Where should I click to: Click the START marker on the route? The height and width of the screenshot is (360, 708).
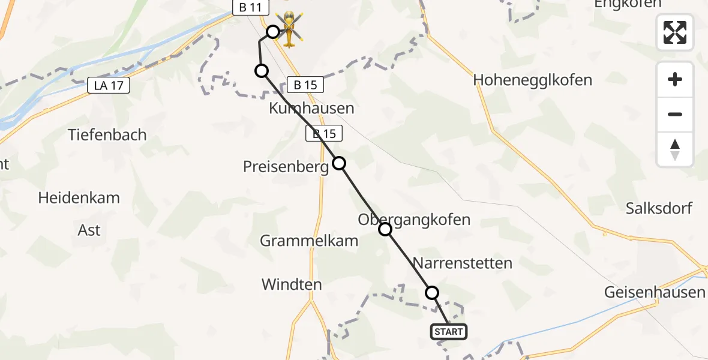[x=448, y=332]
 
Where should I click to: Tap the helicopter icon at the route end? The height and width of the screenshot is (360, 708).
[x=289, y=28]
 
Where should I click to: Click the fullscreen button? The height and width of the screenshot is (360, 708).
[x=675, y=32]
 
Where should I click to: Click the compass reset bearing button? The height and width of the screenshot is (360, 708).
[x=675, y=149]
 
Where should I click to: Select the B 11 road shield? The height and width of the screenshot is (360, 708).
[x=248, y=8]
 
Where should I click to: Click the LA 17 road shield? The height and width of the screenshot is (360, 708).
[x=109, y=85]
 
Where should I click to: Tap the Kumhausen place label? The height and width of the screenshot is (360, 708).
[x=311, y=109]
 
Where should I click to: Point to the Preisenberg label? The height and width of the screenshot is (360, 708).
[x=286, y=167]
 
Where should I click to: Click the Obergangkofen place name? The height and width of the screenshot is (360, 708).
[x=414, y=220]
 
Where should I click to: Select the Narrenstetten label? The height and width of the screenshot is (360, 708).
[x=463, y=263]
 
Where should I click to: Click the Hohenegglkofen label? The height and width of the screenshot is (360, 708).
[x=532, y=80]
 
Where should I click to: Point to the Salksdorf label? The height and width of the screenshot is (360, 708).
[x=659, y=209]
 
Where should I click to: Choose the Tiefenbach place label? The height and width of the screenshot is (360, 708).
[x=107, y=134]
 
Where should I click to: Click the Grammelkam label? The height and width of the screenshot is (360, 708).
[x=308, y=241]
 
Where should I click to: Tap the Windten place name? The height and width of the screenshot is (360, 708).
[x=292, y=284]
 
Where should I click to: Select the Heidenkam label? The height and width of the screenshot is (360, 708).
[x=79, y=197]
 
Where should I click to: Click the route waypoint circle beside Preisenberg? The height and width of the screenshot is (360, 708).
[x=339, y=163]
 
